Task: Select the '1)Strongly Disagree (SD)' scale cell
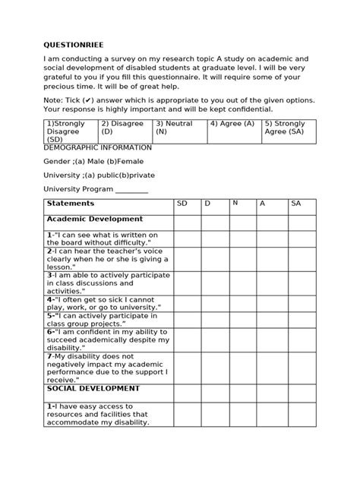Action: click(x=70, y=130)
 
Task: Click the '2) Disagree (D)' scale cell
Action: click(x=125, y=130)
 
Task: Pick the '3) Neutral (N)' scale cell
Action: click(x=179, y=130)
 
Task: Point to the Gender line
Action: click(x=92, y=161)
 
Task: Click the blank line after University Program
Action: click(x=131, y=190)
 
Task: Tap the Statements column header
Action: click(x=70, y=204)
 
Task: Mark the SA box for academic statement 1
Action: click(x=302, y=239)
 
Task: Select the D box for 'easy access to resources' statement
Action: click(x=215, y=415)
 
